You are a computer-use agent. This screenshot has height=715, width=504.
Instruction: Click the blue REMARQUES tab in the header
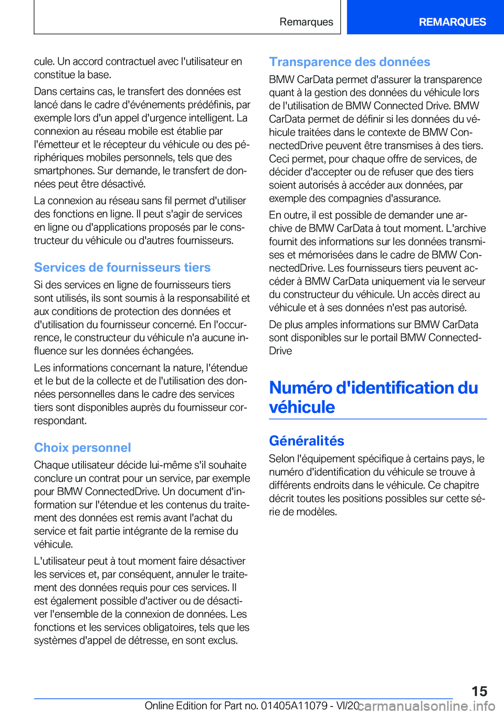coord(452,22)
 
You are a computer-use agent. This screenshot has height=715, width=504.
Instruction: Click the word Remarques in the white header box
coord(306,22)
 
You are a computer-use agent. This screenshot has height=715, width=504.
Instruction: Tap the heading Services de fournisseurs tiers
coord(122,268)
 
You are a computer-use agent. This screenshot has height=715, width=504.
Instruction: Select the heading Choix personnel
coord(82,448)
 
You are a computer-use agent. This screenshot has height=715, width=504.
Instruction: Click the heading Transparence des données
coord(350,62)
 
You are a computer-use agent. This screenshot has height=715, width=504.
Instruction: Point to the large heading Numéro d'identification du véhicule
coord(373,397)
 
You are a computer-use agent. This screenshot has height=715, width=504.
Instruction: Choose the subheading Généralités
coord(307,441)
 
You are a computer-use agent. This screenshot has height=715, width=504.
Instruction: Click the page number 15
coord(479,691)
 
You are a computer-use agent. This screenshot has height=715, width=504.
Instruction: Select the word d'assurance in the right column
coord(413,198)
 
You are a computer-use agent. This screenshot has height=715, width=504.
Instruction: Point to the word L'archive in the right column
coord(466,228)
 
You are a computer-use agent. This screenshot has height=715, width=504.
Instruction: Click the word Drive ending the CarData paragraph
coord(280,351)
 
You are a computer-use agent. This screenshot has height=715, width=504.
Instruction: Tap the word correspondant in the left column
coord(60,421)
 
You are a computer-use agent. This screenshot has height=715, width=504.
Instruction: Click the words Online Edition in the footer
coord(176,706)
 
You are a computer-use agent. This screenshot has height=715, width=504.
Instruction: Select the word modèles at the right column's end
coord(317,512)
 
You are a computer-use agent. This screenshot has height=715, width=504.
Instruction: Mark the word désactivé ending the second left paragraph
coord(123,184)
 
